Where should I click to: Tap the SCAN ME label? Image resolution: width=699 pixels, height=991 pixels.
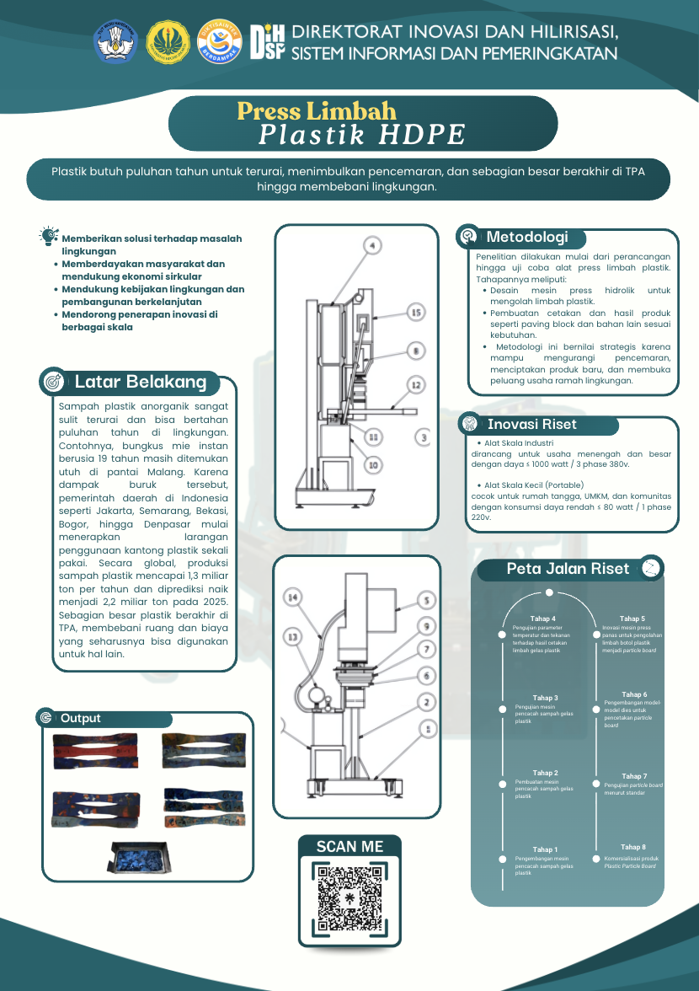pyautogui.click(x=349, y=847)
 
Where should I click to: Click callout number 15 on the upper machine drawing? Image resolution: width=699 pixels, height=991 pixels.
pyautogui.click(x=414, y=313)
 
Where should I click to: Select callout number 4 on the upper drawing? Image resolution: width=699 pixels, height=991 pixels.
pyautogui.click(x=372, y=246)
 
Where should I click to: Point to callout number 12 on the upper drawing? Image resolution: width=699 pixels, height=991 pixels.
pyautogui.click(x=415, y=384)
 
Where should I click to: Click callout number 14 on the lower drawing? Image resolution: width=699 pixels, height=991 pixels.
pyautogui.click(x=292, y=598)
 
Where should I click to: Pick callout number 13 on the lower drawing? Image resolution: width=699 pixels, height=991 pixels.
pyautogui.click(x=293, y=638)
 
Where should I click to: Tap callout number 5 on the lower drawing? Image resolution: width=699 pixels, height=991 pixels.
pyautogui.click(x=426, y=601)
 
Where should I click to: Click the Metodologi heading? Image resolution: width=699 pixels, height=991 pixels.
pyautogui.click(x=527, y=238)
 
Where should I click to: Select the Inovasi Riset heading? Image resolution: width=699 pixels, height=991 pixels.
pyautogui.click(x=531, y=425)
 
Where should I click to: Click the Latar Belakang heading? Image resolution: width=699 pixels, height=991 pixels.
pyautogui.click(x=140, y=382)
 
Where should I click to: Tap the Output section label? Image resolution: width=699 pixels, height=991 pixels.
pyautogui.click(x=80, y=718)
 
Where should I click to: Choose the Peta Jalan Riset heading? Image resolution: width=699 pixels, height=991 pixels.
pyautogui.click(x=568, y=569)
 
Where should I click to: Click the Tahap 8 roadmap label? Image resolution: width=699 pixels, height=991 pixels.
pyautogui.click(x=633, y=847)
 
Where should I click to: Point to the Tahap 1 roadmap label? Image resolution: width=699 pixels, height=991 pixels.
pyautogui.click(x=544, y=849)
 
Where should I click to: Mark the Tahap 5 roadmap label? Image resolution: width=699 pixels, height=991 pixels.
pyautogui.click(x=632, y=619)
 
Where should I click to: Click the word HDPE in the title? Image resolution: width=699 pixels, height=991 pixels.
pyautogui.click(x=422, y=135)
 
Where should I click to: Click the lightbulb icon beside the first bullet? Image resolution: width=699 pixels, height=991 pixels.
pyautogui.click(x=48, y=236)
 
